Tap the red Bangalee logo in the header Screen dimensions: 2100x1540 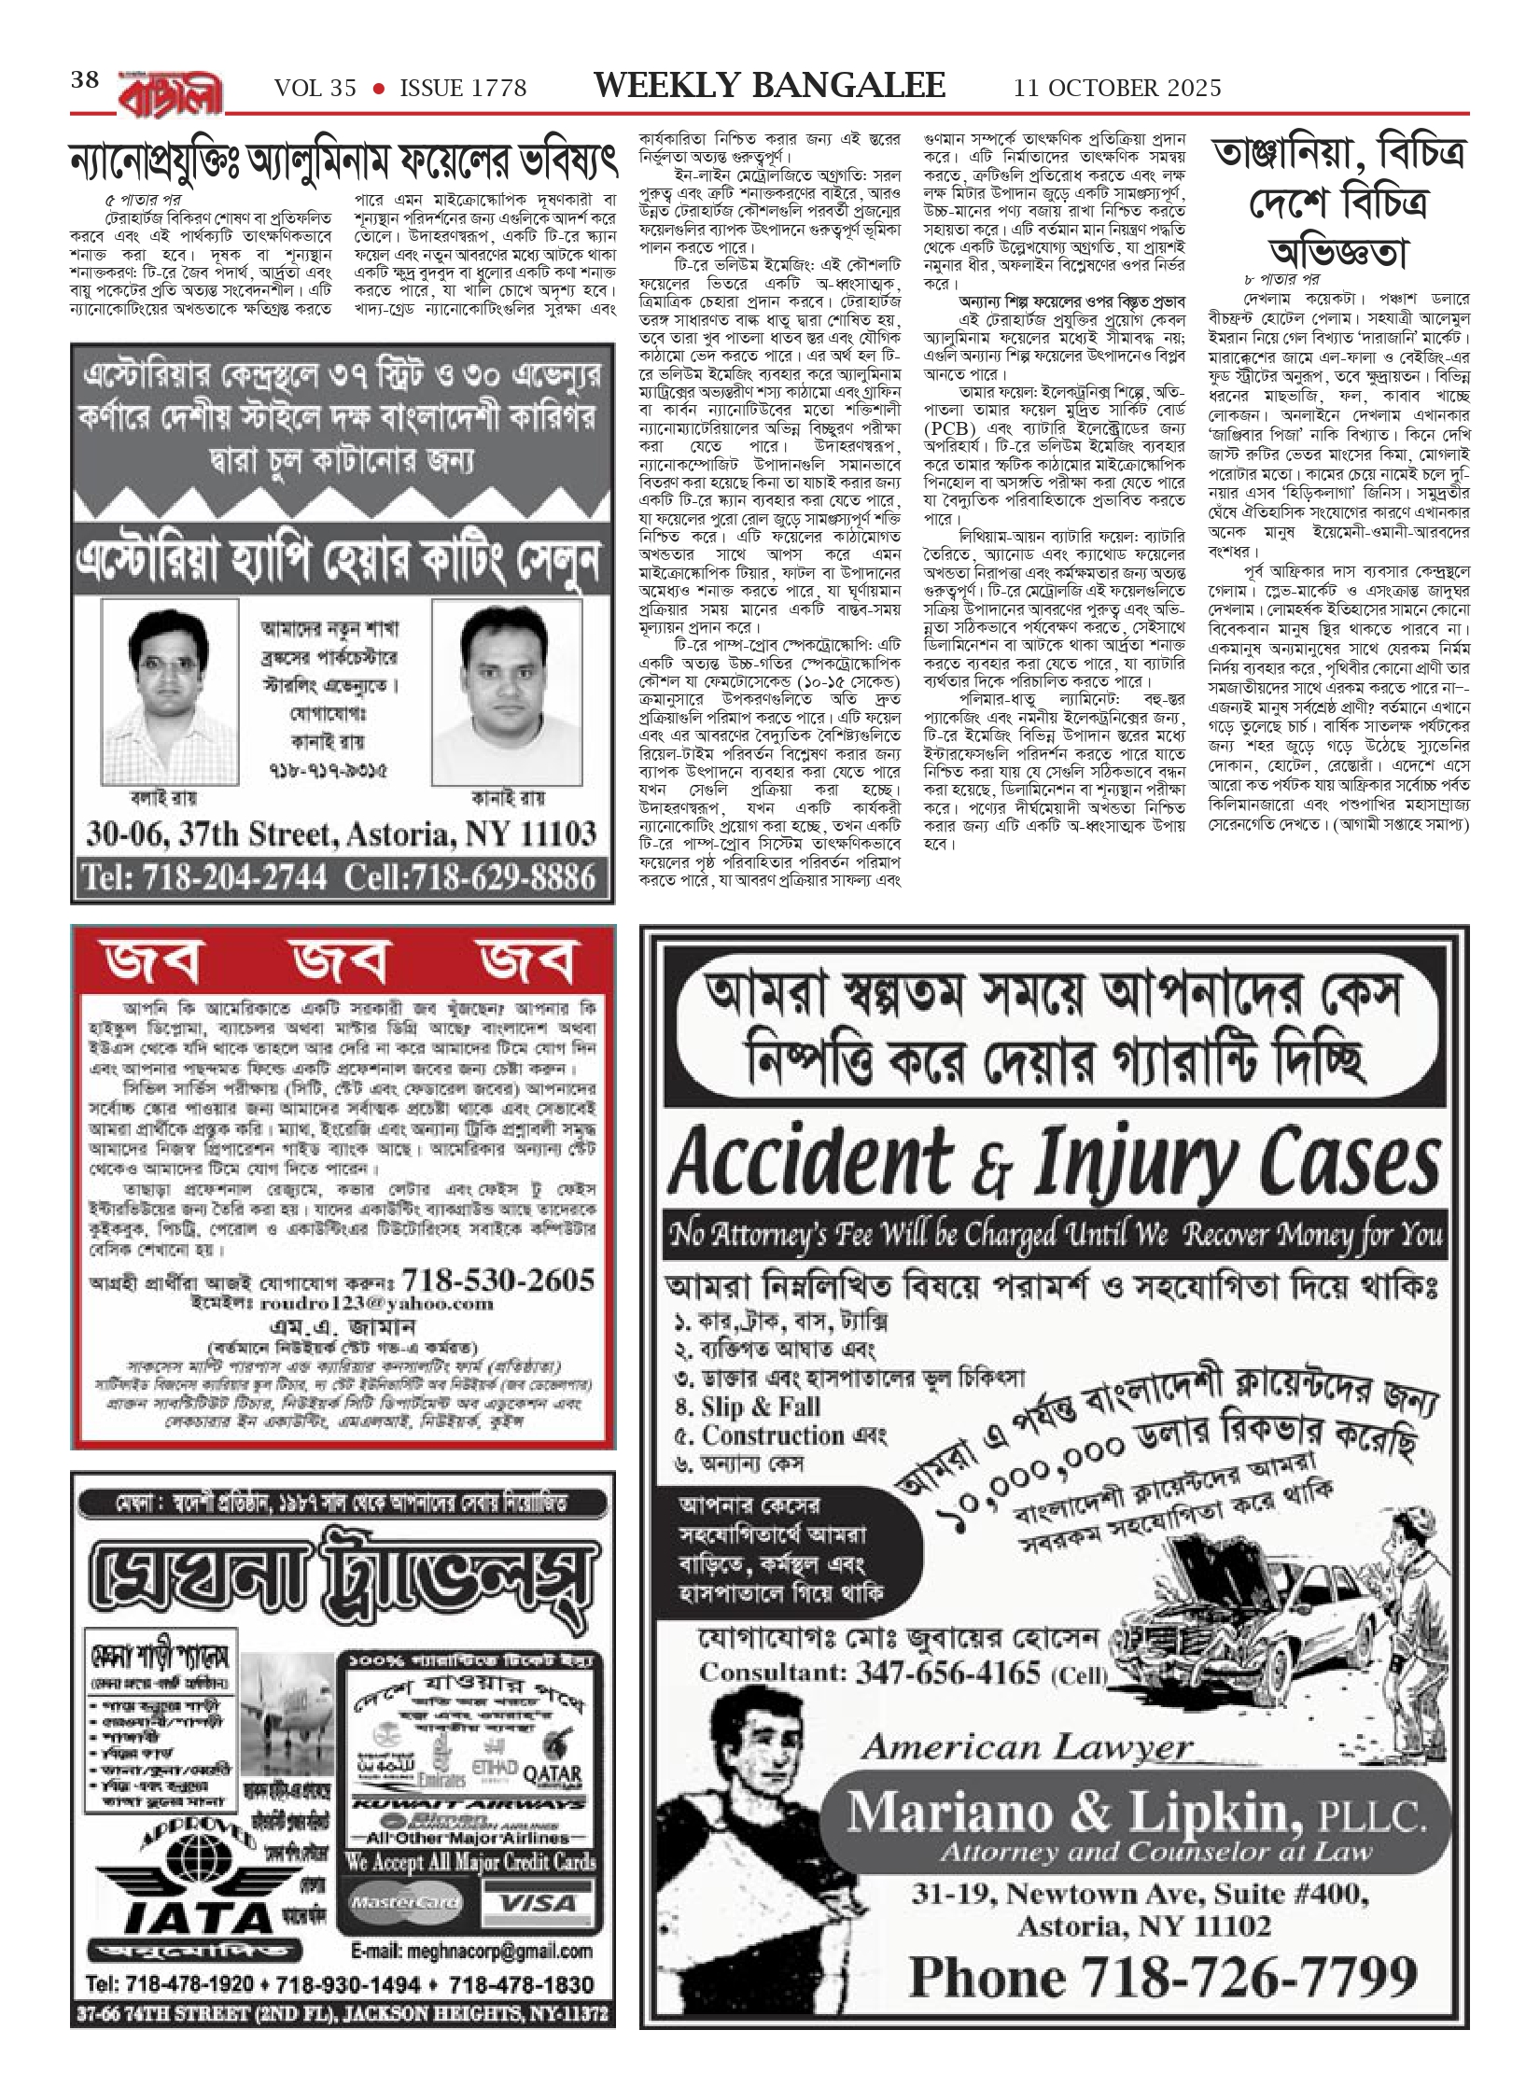pos(171,91)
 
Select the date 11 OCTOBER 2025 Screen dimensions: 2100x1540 pos(1117,88)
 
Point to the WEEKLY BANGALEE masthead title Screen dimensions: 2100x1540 pos(770,86)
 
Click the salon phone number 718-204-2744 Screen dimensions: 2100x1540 pos(205,877)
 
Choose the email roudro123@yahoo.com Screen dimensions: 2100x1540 pos(390,1303)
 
